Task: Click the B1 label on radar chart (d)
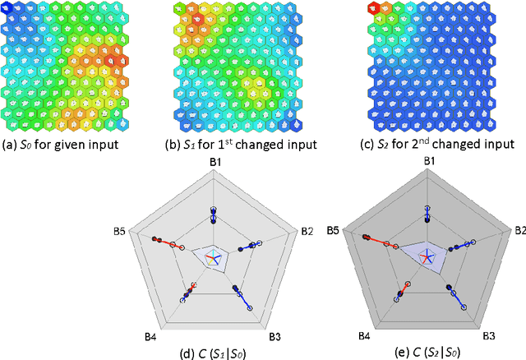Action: (216, 163)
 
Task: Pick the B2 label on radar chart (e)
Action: (518, 231)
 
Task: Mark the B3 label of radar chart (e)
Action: (489, 335)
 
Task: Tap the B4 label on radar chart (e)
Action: (362, 335)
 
